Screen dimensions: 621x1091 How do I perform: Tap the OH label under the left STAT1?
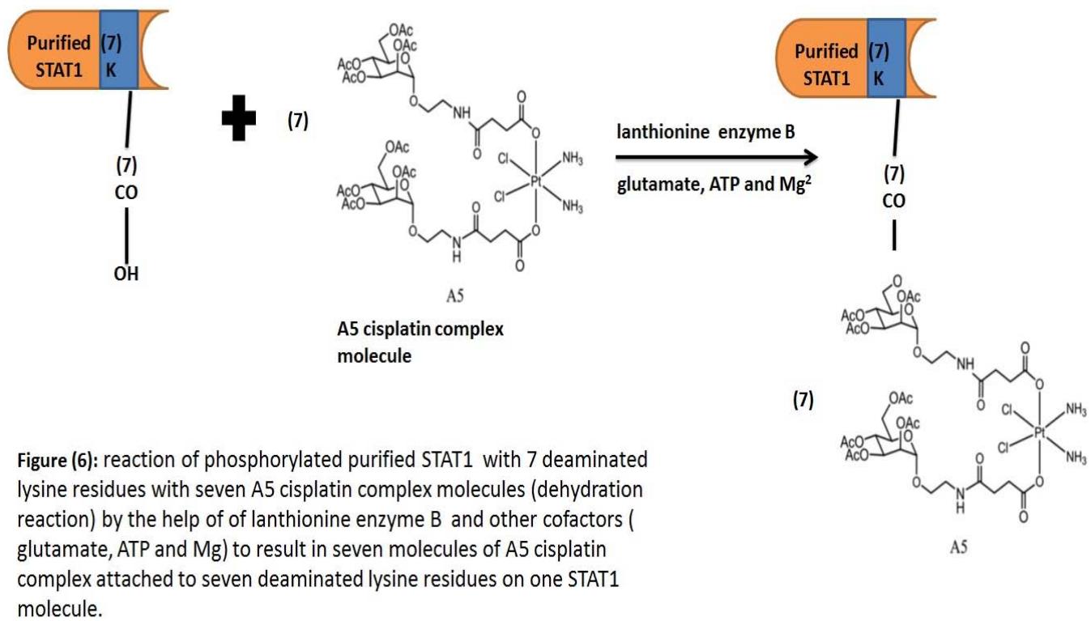(x=126, y=274)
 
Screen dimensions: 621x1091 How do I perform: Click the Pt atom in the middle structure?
(x=535, y=183)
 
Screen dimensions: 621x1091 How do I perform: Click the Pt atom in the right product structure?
(x=1040, y=434)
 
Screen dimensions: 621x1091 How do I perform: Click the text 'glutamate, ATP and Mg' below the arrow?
(x=705, y=185)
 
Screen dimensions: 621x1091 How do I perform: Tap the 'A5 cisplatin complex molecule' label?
(x=420, y=342)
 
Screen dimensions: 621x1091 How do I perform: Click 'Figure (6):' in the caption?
(x=56, y=461)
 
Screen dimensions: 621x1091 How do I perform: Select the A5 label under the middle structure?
(x=454, y=297)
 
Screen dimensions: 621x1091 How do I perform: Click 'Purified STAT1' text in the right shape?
(x=825, y=65)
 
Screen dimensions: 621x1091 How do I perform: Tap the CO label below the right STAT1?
(x=893, y=202)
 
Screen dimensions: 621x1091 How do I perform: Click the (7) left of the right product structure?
(x=803, y=400)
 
